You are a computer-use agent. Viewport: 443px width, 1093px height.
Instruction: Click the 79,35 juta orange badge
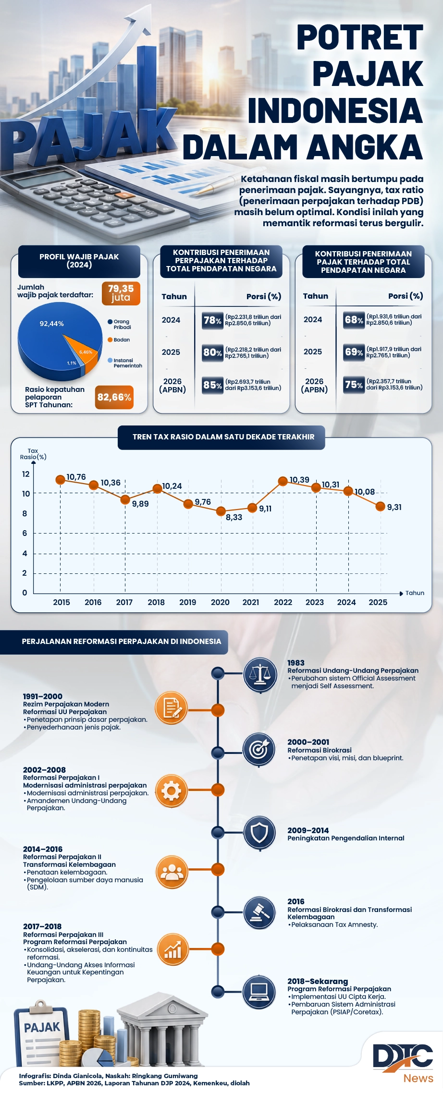(x=121, y=293)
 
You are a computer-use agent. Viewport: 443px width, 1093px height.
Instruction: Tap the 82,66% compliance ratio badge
(x=114, y=397)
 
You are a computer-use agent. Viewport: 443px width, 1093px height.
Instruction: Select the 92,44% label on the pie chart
(x=51, y=324)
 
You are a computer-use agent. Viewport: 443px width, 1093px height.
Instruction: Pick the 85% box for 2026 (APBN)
(x=212, y=385)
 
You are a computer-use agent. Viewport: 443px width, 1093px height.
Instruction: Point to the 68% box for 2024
(x=354, y=320)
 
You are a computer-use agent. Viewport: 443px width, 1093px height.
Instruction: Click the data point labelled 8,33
(x=221, y=511)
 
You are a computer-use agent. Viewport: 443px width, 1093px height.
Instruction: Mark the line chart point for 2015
(x=61, y=480)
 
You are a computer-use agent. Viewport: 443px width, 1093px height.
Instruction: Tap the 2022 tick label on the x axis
(x=283, y=602)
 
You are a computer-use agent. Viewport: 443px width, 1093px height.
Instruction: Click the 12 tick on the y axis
(x=25, y=474)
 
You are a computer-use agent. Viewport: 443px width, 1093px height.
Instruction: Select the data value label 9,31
(x=394, y=507)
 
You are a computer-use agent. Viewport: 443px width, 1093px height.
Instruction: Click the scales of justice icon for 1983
(x=260, y=674)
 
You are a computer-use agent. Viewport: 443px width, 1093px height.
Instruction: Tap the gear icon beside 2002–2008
(x=172, y=790)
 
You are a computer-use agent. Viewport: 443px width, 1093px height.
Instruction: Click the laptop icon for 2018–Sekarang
(x=259, y=991)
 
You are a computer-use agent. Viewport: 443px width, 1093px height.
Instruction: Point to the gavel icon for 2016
(x=260, y=911)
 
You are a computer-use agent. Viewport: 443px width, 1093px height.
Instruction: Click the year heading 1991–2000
(x=43, y=696)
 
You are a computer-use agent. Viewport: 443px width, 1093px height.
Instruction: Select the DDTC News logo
(x=404, y=1063)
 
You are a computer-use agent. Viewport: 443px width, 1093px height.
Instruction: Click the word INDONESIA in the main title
(x=335, y=110)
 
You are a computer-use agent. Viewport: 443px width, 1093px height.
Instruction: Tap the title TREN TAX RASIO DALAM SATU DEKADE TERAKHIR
(x=223, y=437)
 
